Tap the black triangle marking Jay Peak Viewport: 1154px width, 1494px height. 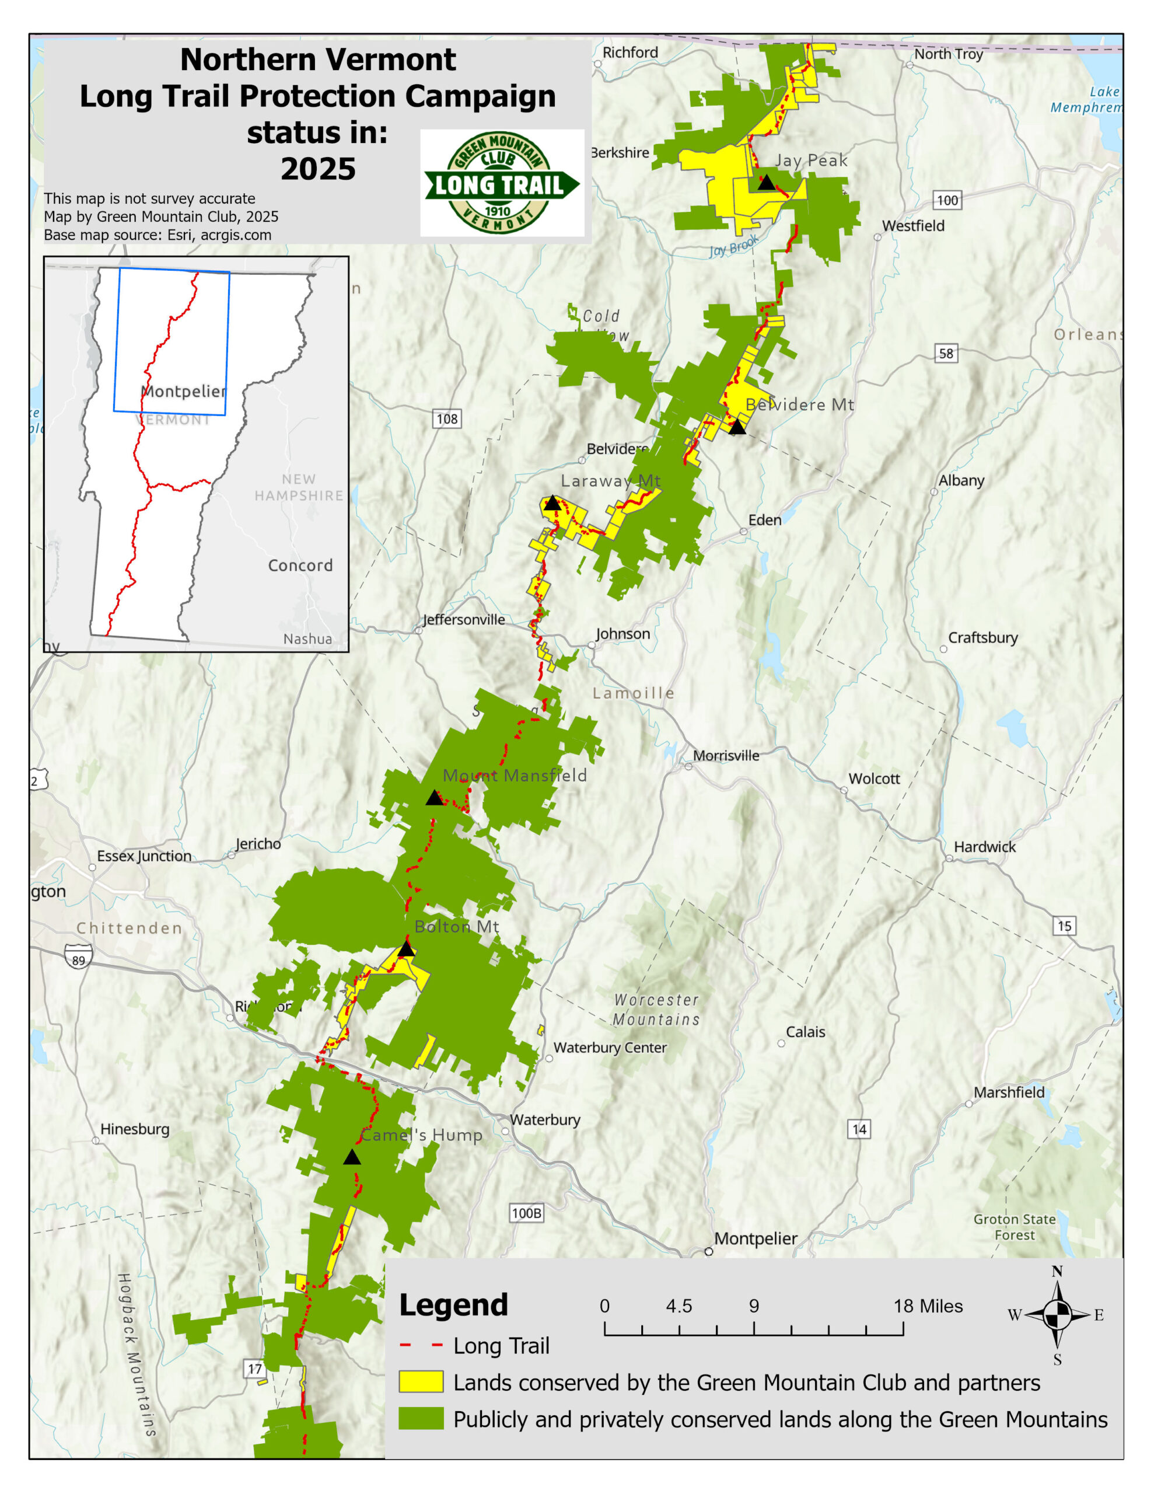click(x=766, y=183)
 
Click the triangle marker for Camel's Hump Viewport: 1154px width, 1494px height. click(x=352, y=1157)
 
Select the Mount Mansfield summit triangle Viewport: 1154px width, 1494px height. click(x=435, y=798)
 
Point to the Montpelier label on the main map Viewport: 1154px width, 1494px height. click(x=755, y=1239)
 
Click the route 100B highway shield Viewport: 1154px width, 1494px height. click(x=526, y=1213)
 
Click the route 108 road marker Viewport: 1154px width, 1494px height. click(x=447, y=418)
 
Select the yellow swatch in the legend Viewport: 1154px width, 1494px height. click(x=421, y=1382)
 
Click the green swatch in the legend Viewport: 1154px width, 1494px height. click(x=421, y=1419)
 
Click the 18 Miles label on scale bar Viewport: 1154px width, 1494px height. click(x=928, y=1307)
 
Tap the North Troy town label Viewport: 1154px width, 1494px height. click(x=948, y=54)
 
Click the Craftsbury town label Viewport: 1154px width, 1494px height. click(x=982, y=637)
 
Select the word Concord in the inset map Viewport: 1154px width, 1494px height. click(x=300, y=566)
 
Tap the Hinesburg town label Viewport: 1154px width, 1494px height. click(x=135, y=1129)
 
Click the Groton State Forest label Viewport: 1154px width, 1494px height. click(x=1015, y=1227)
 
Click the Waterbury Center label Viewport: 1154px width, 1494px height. click(x=610, y=1048)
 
